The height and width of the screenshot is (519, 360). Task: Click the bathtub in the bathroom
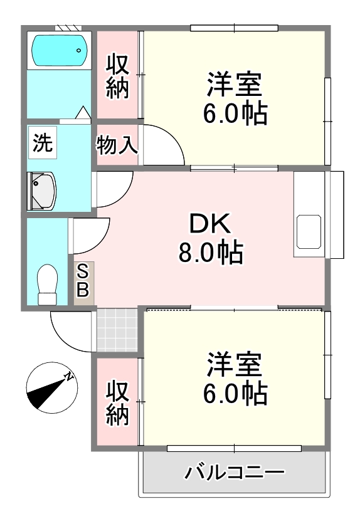pos(60,50)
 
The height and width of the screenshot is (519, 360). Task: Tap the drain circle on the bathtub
pos(79,50)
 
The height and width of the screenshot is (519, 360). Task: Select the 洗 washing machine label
pos(43,143)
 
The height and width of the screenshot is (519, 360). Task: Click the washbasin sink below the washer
pos(42,191)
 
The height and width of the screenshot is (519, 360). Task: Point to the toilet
pos(48,285)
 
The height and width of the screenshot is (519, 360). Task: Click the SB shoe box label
pos(83,282)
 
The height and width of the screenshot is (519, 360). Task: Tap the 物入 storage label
pos(117,145)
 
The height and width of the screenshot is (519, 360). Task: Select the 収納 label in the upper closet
pos(117,76)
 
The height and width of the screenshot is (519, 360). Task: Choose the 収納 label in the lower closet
pos(117,403)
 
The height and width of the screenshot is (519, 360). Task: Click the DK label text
pos(210,224)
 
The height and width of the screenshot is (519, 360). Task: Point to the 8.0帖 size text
pos(211,252)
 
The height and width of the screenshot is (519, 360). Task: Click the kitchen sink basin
pos(309,231)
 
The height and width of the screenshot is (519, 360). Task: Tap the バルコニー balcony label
pos(235,471)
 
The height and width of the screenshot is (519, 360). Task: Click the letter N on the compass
pos(69,377)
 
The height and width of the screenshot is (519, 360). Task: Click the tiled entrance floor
pos(117,330)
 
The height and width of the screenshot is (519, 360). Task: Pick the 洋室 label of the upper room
pos(235,84)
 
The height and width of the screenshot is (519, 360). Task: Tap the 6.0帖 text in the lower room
pos(235,393)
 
